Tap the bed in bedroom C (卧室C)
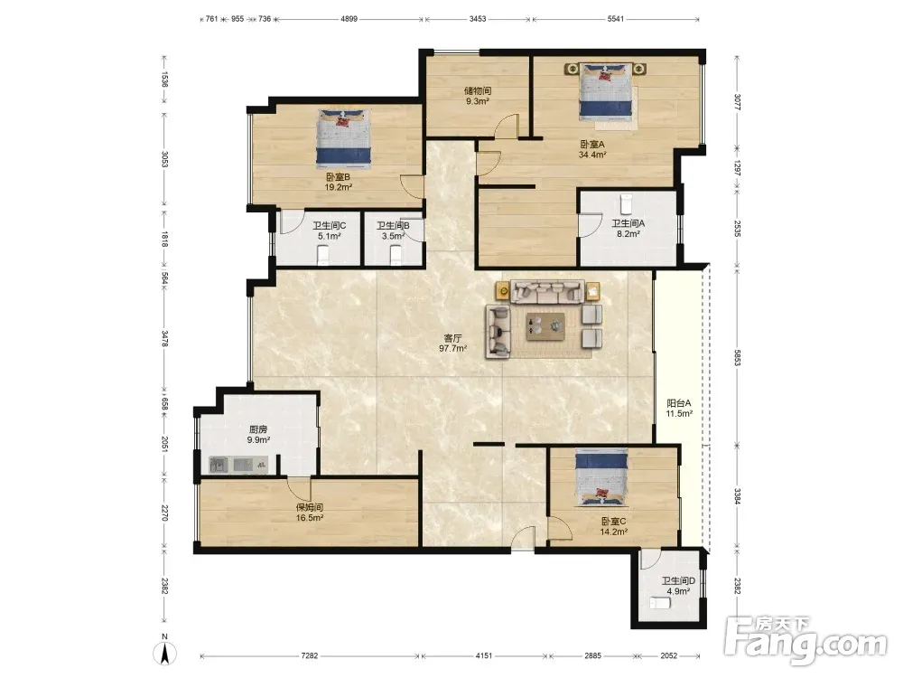point(601,477)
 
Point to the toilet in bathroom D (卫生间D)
point(661,604)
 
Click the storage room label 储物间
point(478,90)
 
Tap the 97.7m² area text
point(452,348)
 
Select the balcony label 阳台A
point(679,403)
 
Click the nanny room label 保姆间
point(309,507)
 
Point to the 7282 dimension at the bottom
point(309,655)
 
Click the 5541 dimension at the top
point(616,18)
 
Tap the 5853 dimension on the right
point(738,357)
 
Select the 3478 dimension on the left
point(164,338)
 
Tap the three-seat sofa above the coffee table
point(547,292)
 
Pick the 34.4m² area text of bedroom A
point(592,155)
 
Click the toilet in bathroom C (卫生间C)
point(323,254)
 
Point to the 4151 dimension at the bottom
point(484,655)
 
